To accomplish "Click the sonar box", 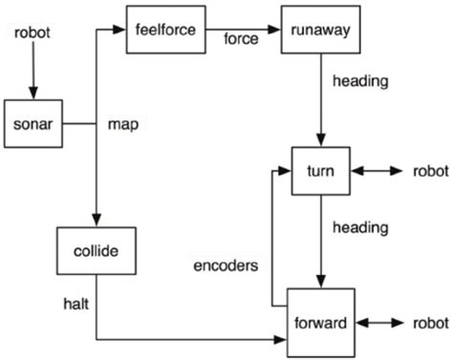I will [x=32, y=123].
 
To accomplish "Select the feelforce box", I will [x=166, y=30].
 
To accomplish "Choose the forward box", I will [x=320, y=322].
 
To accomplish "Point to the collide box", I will [x=97, y=251].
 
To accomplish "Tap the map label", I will [x=123, y=124].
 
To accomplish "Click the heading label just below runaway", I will [x=359, y=81].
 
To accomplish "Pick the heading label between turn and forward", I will [x=359, y=227].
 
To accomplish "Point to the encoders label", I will [x=225, y=265].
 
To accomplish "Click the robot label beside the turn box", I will [x=429, y=173].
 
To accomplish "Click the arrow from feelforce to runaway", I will [x=243, y=29].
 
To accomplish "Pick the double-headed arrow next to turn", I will [x=377, y=173].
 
